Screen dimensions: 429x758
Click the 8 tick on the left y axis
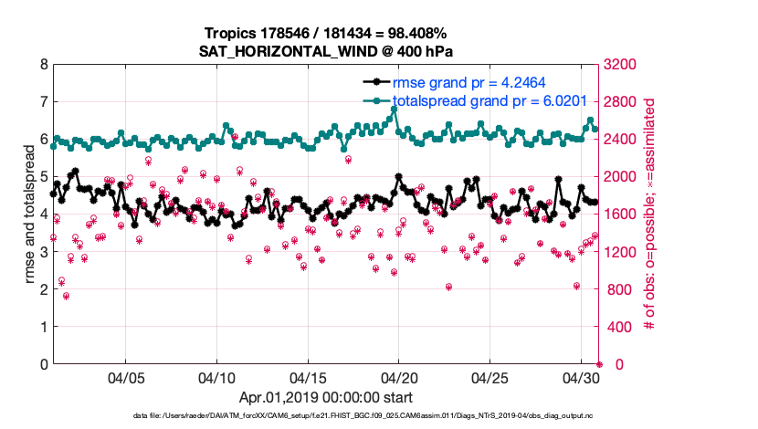coord(43,65)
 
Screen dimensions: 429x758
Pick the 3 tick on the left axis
coord(43,252)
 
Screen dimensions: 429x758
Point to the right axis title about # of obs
coord(650,214)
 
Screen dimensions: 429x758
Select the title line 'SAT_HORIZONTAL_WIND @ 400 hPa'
coord(326,52)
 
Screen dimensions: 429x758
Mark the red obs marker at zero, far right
coord(599,364)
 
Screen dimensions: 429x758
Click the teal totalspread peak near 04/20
coord(394,109)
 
